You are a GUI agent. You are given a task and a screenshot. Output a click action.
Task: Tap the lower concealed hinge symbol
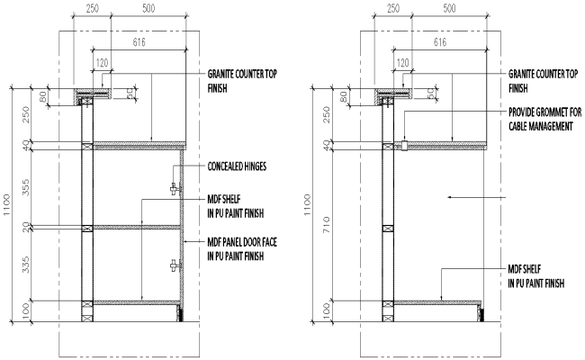click(174, 265)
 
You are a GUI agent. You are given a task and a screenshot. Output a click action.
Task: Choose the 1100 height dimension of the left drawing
click(8, 206)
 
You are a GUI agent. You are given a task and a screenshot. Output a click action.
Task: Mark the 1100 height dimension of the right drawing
click(309, 206)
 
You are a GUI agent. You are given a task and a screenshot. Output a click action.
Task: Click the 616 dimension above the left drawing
click(139, 42)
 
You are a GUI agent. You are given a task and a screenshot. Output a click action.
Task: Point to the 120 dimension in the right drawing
click(402, 63)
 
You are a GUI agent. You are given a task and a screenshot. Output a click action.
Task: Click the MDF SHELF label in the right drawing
click(536, 275)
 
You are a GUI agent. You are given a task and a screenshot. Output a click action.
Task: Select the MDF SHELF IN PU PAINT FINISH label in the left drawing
click(238, 204)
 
